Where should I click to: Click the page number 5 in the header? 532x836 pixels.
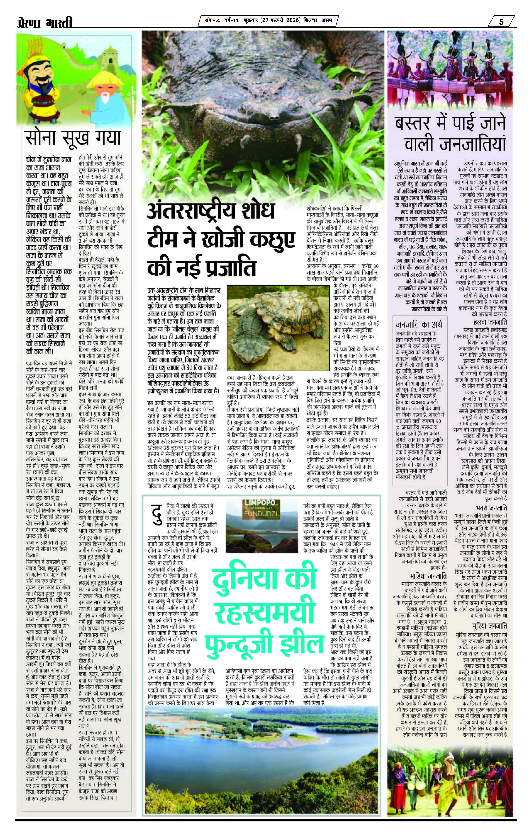point(501,21)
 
